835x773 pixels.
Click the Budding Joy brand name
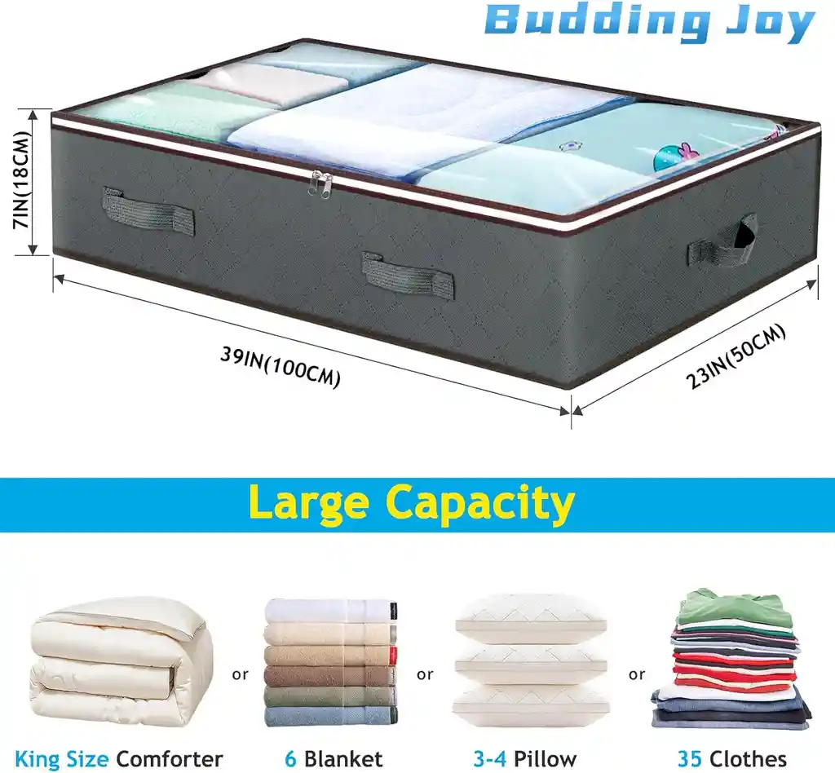coord(649,24)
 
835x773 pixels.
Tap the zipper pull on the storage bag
coord(325,184)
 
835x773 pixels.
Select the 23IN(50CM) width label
coord(736,356)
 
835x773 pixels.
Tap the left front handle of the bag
coord(148,208)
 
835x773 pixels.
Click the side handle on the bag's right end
coord(722,242)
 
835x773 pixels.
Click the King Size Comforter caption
coord(119,758)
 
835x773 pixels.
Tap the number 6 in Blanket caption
coord(290,758)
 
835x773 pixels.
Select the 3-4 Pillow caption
coord(525,758)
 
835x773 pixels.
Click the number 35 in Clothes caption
coord(690,758)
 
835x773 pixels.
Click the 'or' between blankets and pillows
coord(425,674)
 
